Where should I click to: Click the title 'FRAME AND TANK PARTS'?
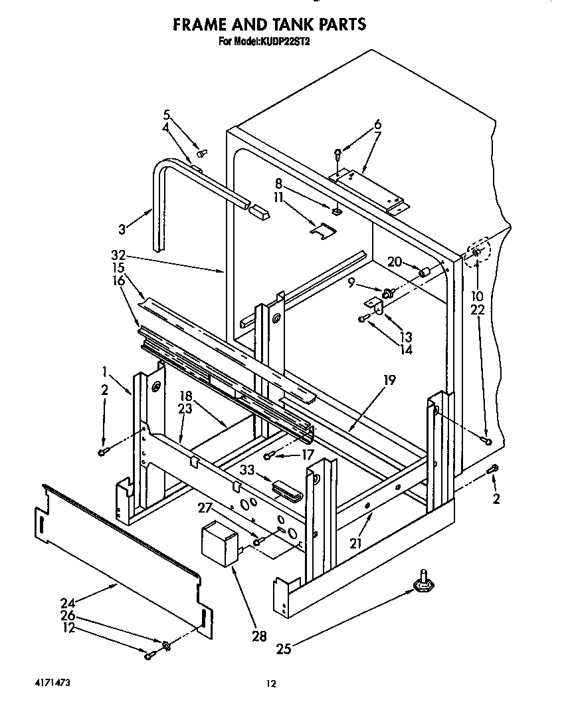tap(269, 25)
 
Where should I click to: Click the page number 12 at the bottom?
tap(270, 683)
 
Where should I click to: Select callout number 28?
tap(258, 636)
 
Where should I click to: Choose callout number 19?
tap(389, 380)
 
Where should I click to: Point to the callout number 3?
tap(122, 229)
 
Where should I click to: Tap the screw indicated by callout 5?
tap(203, 152)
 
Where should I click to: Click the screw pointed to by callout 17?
tap(269, 455)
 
